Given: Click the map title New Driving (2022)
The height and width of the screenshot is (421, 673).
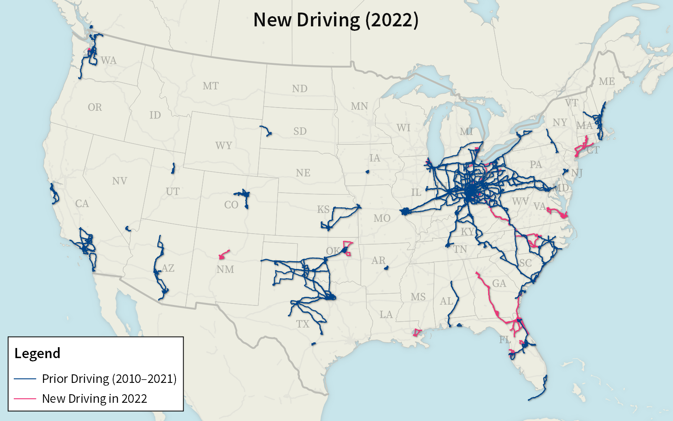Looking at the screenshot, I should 336,20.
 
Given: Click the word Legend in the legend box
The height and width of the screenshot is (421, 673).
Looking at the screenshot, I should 37,353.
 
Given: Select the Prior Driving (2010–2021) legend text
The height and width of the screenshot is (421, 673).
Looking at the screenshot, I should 109,378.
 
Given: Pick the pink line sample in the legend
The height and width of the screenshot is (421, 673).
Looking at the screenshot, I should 25,399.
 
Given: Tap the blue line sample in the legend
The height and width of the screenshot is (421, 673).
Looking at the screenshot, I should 25,379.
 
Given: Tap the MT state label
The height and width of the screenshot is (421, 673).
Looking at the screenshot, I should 210,86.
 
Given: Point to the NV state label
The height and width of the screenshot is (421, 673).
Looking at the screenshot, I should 120,181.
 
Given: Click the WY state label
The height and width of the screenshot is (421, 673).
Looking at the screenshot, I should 223,146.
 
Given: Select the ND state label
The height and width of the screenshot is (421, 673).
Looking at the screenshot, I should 300,88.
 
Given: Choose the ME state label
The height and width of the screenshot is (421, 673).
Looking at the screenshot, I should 607,82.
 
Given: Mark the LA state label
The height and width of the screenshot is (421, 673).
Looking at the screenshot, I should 386,314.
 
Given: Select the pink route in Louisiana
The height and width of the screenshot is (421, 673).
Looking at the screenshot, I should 417,333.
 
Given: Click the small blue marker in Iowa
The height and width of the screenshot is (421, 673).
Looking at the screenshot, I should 367,172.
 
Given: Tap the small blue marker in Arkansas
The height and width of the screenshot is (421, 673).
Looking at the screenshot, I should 386,268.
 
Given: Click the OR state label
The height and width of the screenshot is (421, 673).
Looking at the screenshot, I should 95,107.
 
